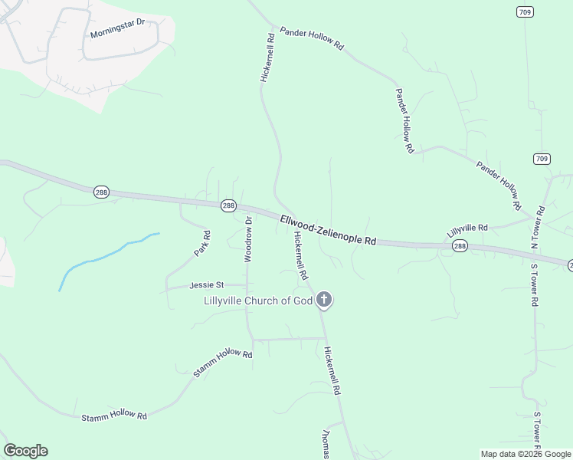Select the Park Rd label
[202, 243]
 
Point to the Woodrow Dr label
[248, 239]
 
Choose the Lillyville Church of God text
[258, 301]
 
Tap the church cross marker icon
[324, 300]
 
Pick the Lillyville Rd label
[467, 228]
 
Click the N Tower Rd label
[539, 228]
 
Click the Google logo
[25, 451]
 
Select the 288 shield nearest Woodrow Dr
[228, 205]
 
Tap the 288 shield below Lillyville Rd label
[459, 245]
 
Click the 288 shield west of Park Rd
[101, 192]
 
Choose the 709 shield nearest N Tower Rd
[542, 159]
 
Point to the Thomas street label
[326, 443]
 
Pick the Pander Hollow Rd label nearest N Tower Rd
[499, 185]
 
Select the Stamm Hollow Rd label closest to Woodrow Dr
[223, 363]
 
